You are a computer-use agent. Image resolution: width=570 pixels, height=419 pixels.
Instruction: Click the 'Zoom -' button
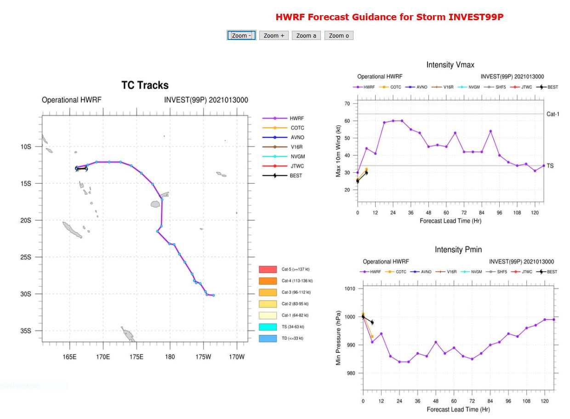click(x=241, y=35)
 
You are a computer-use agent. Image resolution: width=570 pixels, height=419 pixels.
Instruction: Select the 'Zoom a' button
click(x=306, y=35)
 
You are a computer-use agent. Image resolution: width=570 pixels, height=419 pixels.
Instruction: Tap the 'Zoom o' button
click(x=339, y=35)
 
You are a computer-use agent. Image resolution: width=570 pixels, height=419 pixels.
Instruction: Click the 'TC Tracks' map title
click(x=145, y=85)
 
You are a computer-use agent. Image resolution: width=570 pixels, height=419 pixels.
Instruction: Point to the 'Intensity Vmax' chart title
click(x=450, y=65)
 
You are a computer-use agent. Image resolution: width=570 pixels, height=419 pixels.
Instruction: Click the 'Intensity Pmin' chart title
click(x=458, y=249)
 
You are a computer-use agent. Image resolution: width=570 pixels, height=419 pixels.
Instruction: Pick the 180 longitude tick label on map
click(x=170, y=357)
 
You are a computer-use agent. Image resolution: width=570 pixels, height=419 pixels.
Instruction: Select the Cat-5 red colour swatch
click(x=268, y=269)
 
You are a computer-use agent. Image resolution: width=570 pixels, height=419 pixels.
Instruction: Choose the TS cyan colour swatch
click(x=268, y=327)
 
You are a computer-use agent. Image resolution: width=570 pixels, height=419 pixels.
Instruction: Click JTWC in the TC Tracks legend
click(x=297, y=166)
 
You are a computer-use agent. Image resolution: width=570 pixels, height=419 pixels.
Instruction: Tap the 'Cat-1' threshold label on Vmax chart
click(x=553, y=114)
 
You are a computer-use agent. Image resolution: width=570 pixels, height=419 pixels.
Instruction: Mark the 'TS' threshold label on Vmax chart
click(x=550, y=165)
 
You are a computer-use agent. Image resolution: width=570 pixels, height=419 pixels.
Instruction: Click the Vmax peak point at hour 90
click(x=490, y=131)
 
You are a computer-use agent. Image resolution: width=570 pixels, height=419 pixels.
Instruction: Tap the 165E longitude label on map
click(x=69, y=357)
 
